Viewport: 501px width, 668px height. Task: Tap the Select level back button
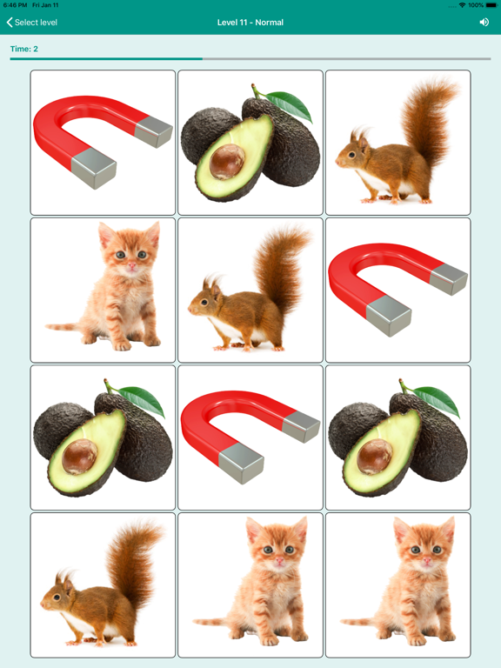tap(32, 23)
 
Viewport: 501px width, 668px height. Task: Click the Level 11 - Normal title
tap(250, 23)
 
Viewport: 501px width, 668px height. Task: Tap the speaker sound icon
tap(484, 23)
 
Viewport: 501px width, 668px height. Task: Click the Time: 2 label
tap(24, 49)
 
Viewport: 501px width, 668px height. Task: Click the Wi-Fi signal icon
tap(462, 5)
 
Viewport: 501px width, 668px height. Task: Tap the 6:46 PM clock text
tap(15, 5)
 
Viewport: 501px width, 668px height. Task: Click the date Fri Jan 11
tap(45, 5)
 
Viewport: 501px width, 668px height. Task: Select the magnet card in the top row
tap(103, 143)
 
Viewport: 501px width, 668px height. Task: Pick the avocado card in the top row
tap(250, 143)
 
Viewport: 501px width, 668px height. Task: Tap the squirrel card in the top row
tap(397, 143)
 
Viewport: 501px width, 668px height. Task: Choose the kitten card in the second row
tap(103, 290)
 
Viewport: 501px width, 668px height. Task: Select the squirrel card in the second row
tap(250, 290)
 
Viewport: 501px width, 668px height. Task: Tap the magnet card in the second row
tap(397, 290)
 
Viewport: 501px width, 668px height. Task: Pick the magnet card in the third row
tap(250, 438)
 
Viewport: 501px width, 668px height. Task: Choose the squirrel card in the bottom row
tap(103, 584)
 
